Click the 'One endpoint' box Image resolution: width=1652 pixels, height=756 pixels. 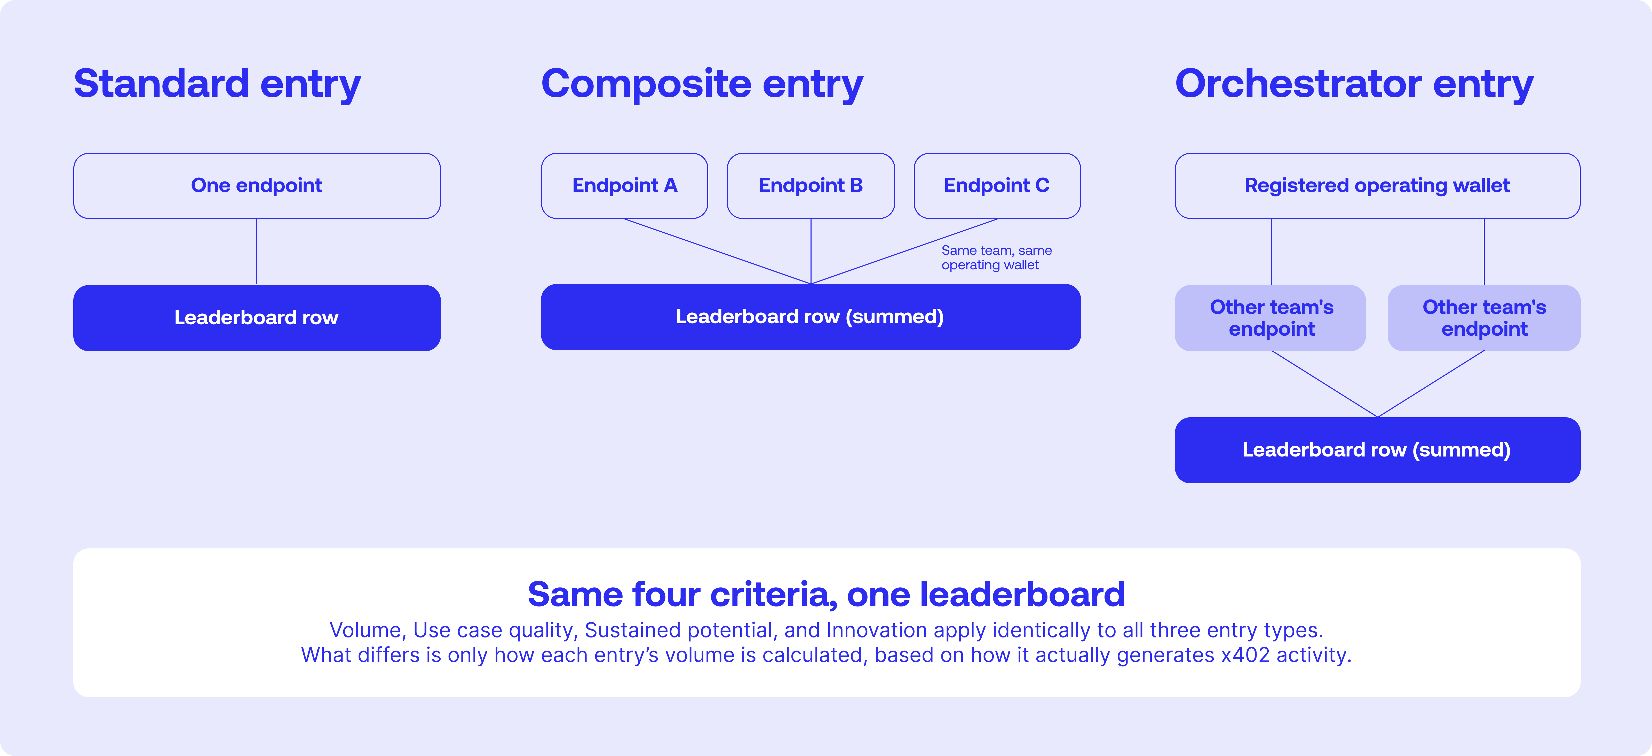pos(257,186)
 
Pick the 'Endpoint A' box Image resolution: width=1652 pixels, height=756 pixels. pos(625,186)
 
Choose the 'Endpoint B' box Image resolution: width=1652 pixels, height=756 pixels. pos(811,186)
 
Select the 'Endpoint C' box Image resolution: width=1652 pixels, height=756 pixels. pos(997,186)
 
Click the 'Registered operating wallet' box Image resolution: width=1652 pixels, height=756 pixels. pos(1378,186)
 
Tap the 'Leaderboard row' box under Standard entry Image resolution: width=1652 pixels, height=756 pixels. pos(257,318)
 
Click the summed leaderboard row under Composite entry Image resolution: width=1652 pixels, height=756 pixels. pos(811,317)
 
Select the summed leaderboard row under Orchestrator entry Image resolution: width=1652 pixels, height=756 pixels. pos(1378,450)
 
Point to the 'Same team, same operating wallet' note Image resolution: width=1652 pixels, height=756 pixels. pos(997,258)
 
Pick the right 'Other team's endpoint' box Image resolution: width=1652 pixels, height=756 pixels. pos(1484,318)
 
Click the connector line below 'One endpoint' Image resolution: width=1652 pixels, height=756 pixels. pos(257,252)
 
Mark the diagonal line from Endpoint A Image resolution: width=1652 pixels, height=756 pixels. pos(718,251)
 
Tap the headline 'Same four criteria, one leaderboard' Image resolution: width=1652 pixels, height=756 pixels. pos(826,594)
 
